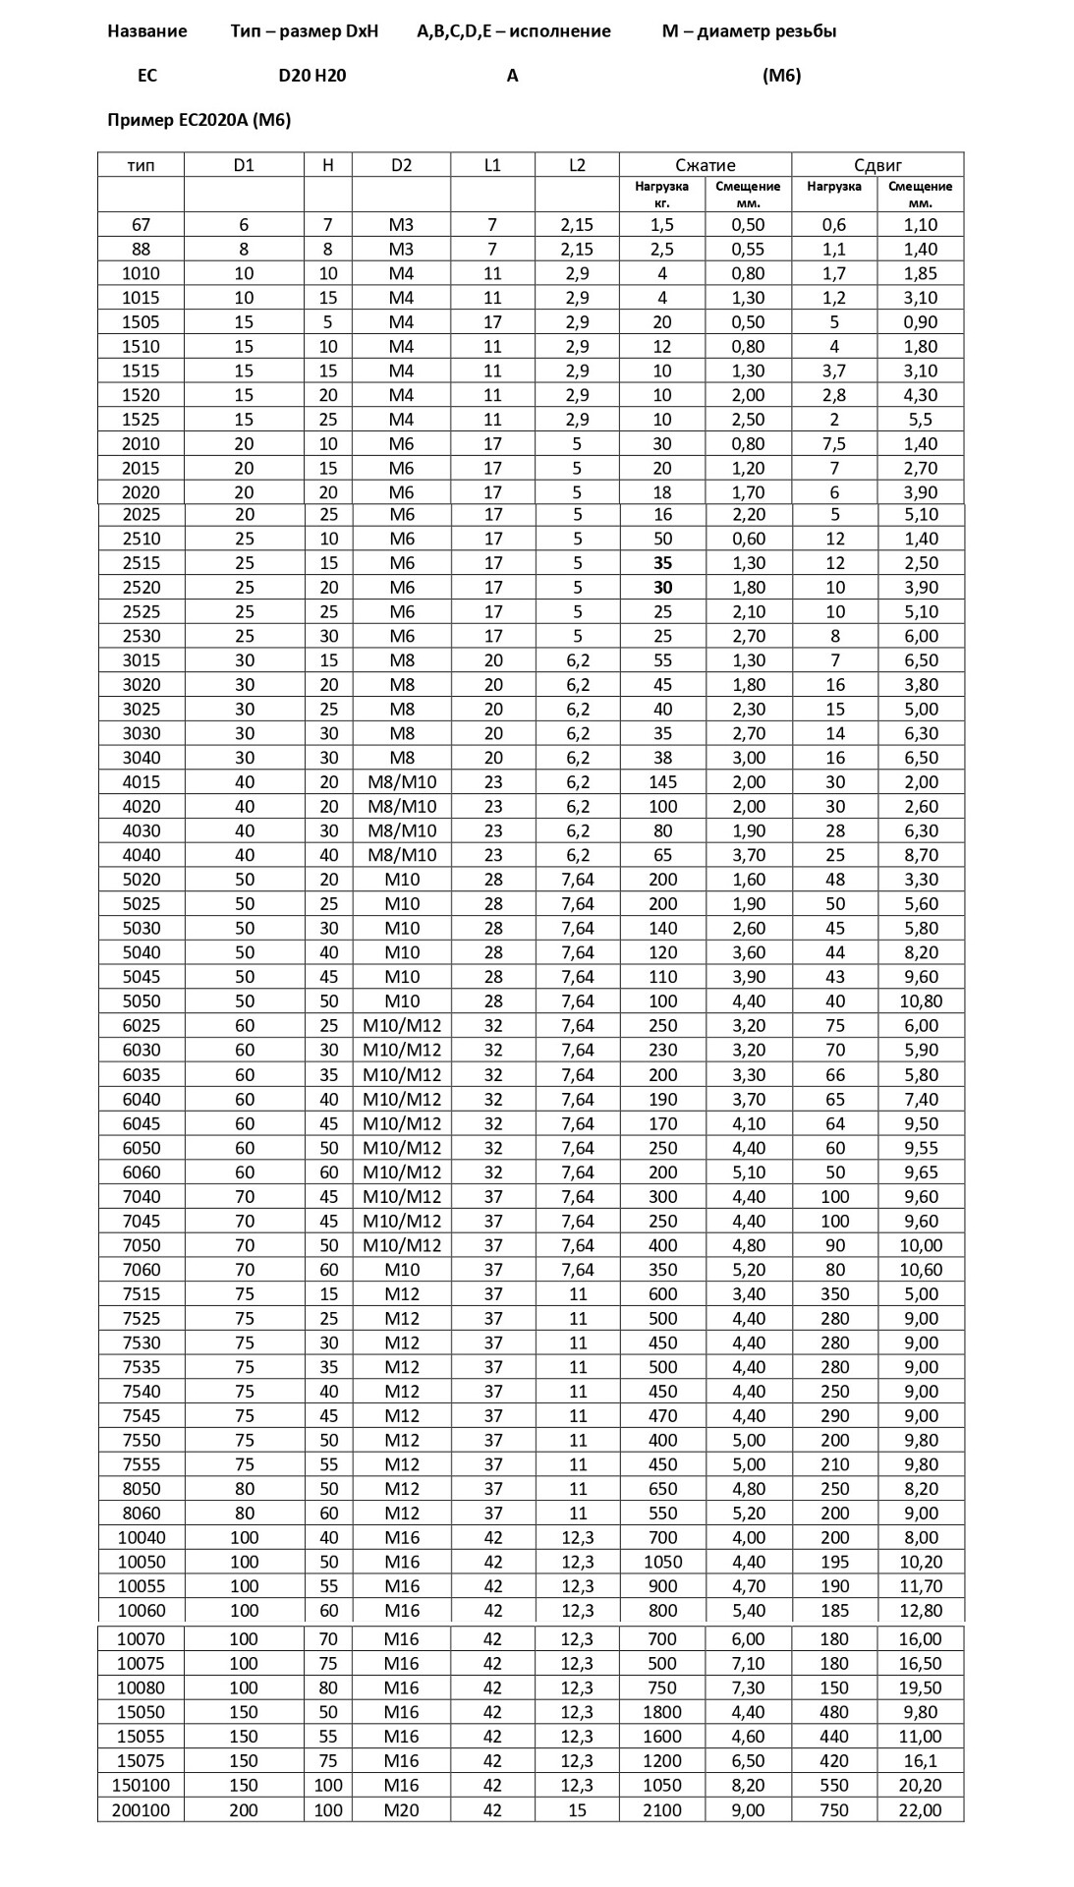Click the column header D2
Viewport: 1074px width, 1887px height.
[x=401, y=165]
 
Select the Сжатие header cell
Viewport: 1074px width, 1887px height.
[x=705, y=165]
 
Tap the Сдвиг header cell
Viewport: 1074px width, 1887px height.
[x=877, y=165]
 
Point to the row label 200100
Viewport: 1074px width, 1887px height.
[x=141, y=1809]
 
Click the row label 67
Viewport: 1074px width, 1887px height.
[x=141, y=225]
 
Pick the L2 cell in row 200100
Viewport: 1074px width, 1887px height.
[x=577, y=1809]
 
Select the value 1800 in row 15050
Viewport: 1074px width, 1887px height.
[x=662, y=1712]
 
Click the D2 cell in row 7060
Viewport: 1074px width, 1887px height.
[x=401, y=1270]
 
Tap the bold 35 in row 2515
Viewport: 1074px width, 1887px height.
[x=662, y=563]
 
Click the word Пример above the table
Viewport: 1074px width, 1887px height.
[x=140, y=120]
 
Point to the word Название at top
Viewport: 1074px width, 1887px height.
[x=147, y=31]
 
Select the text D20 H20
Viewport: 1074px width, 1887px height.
[x=312, y=76]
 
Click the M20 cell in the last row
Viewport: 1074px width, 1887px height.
[x=401, y=1809]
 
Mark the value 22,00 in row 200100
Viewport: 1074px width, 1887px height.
[x=920, y=1809]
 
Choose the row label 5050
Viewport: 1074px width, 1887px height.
[x=141, y=1001]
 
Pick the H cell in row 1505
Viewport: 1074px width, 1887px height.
[x=328, y=322]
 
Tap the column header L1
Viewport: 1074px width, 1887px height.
[x=492, y=165]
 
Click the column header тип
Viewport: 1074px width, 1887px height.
[x=141, y=165]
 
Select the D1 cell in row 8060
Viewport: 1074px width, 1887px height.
[x=244, y=1514]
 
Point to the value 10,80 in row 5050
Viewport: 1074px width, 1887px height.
[x=920, y=1001]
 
